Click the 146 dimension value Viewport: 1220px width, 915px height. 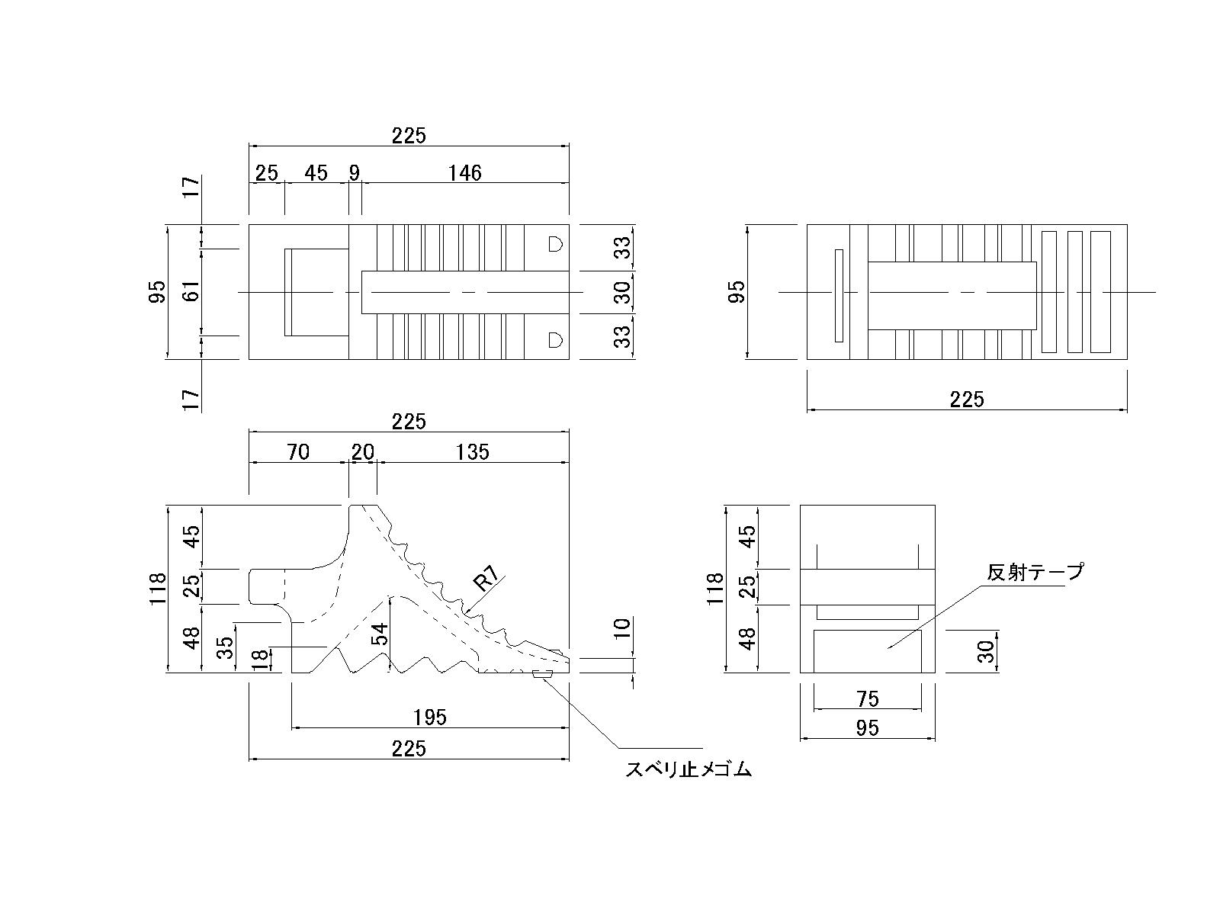click(464, 173)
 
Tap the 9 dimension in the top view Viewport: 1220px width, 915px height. click(355, 173)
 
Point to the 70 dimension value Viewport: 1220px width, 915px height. click(298, 452)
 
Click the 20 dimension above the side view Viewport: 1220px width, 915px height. click(363, 452)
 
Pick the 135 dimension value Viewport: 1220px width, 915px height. click(473, 452)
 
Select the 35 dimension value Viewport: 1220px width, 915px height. click(225, 647)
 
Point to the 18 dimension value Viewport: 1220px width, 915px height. click(259, 660)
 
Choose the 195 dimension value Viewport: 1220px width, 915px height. click(430, 717)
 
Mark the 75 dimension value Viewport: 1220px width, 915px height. click(868, 698)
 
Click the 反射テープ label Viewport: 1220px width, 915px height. click(1035, 571)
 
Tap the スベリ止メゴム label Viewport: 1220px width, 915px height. click(689, 770)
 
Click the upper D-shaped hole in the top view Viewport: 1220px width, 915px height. click(555, 244)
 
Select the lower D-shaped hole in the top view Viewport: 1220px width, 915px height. click(555, 339)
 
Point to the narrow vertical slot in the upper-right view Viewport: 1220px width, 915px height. click(839, 295)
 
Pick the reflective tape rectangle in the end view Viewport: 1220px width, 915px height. click(867, 651)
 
